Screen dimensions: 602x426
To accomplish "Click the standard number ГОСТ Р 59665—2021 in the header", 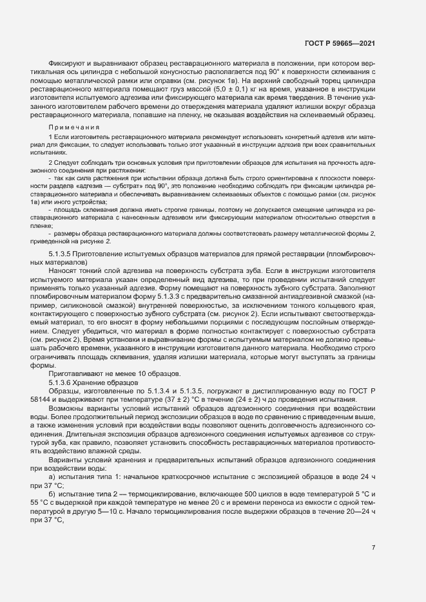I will click(x=339, y=43).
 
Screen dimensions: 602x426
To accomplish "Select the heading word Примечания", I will click(x=71, y=128).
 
